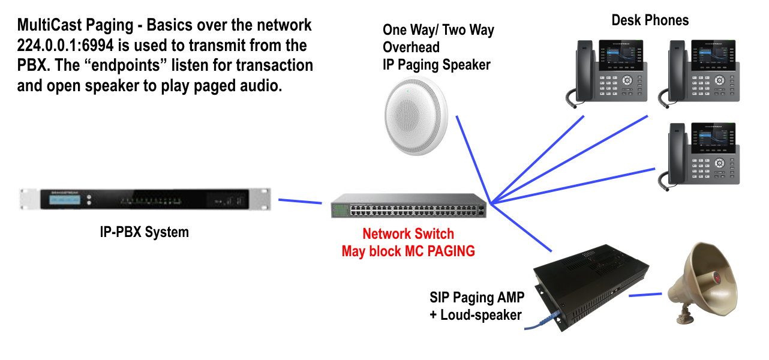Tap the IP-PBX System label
click(144, 232)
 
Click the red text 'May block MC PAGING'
click(408, 251)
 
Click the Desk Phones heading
click(650, 20)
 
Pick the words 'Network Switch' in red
click(408, 234)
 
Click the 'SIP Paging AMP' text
click(476, 297)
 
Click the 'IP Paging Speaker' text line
click(437, 65)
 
